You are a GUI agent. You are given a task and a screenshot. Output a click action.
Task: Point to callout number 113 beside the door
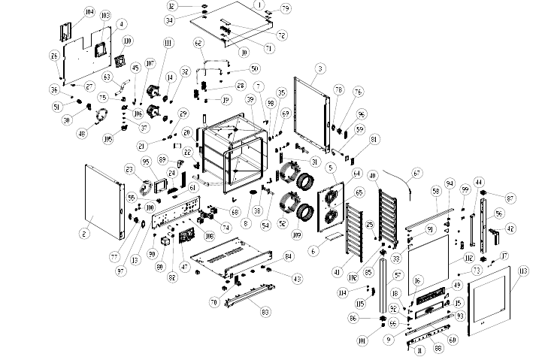[x=523, y=271]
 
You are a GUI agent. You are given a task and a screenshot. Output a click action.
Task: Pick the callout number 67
[x=416, y=174]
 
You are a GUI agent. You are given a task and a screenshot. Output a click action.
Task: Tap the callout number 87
[x=510, y=198]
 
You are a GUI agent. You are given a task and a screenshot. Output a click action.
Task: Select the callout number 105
[x=107, y=138]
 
